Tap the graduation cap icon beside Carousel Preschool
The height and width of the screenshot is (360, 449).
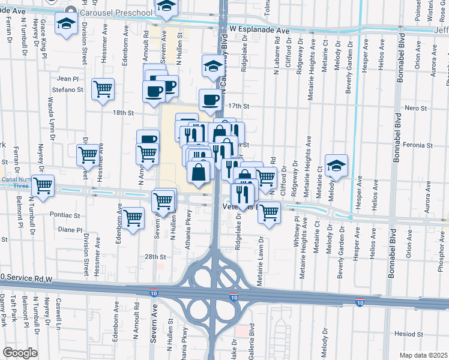click(65, 25)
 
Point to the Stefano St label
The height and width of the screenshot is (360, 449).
click(70, 89)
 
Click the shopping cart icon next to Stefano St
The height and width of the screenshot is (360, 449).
click(103, 89)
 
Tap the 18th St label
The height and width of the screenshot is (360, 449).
click(122, 112)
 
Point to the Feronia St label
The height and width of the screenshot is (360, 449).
click(418, 145)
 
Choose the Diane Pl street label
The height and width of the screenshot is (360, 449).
click(70, 229)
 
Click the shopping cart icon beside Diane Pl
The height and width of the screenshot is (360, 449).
click(133, 217)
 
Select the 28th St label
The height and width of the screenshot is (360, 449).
click(155, 256)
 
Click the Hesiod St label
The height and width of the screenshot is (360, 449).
click(409, 334)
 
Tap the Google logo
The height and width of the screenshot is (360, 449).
click(20, 353)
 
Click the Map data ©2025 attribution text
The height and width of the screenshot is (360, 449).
click(424, 355)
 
